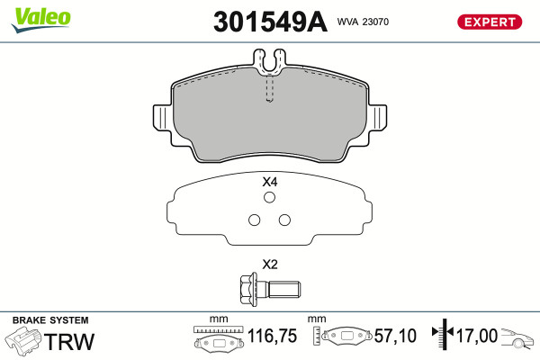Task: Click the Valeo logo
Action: (x=40, y=20)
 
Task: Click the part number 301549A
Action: (x=270, y=22)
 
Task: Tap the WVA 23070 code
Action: (x=363, y=22)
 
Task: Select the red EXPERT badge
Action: (x=490, y=22)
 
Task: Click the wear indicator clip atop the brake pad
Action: (x=269, y=61)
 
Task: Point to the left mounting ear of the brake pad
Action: (x=162, y=118)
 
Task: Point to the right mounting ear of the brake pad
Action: (x=377, y=118)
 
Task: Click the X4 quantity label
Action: (x=270, y=182)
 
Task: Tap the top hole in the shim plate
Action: (x=269, y=197)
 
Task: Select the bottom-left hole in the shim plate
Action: (x=254, y=220)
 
